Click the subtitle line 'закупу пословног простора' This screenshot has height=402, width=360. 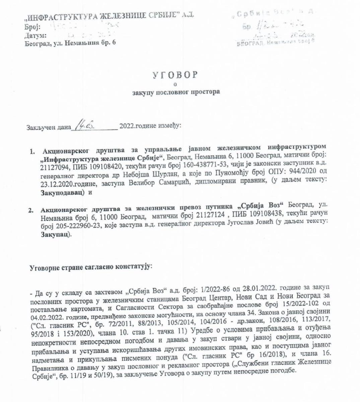coord(176,91)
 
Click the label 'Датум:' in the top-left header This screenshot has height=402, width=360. coord(35,35)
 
